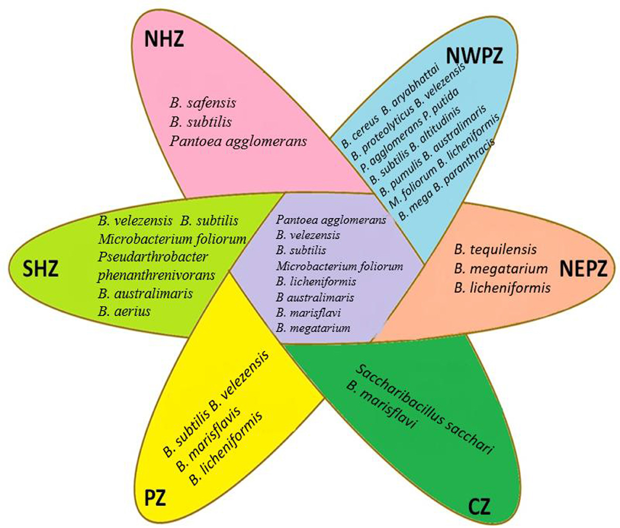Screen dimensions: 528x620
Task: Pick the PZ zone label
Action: click(x=155, y=498)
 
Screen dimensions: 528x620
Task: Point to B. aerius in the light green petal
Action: click(x=124, y=311)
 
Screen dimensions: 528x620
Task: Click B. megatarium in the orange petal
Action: click(x=500, y=269)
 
